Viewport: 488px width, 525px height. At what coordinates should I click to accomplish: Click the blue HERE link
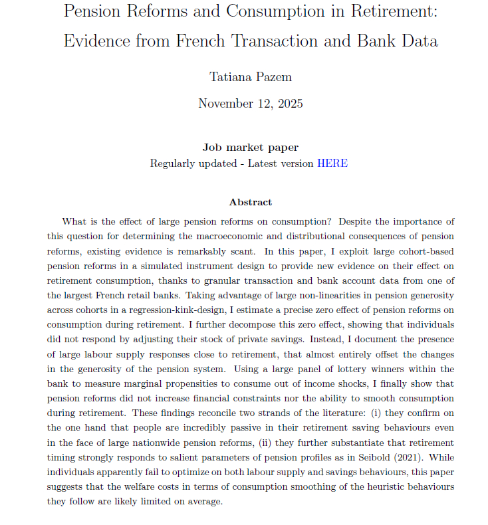(x=332, y=163)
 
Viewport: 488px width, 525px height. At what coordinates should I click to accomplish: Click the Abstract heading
(x=251, y=202)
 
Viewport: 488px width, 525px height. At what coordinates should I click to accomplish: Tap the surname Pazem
(x=273, y=76)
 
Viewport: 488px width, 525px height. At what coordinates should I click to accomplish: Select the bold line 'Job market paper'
(x=251, y=148)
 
